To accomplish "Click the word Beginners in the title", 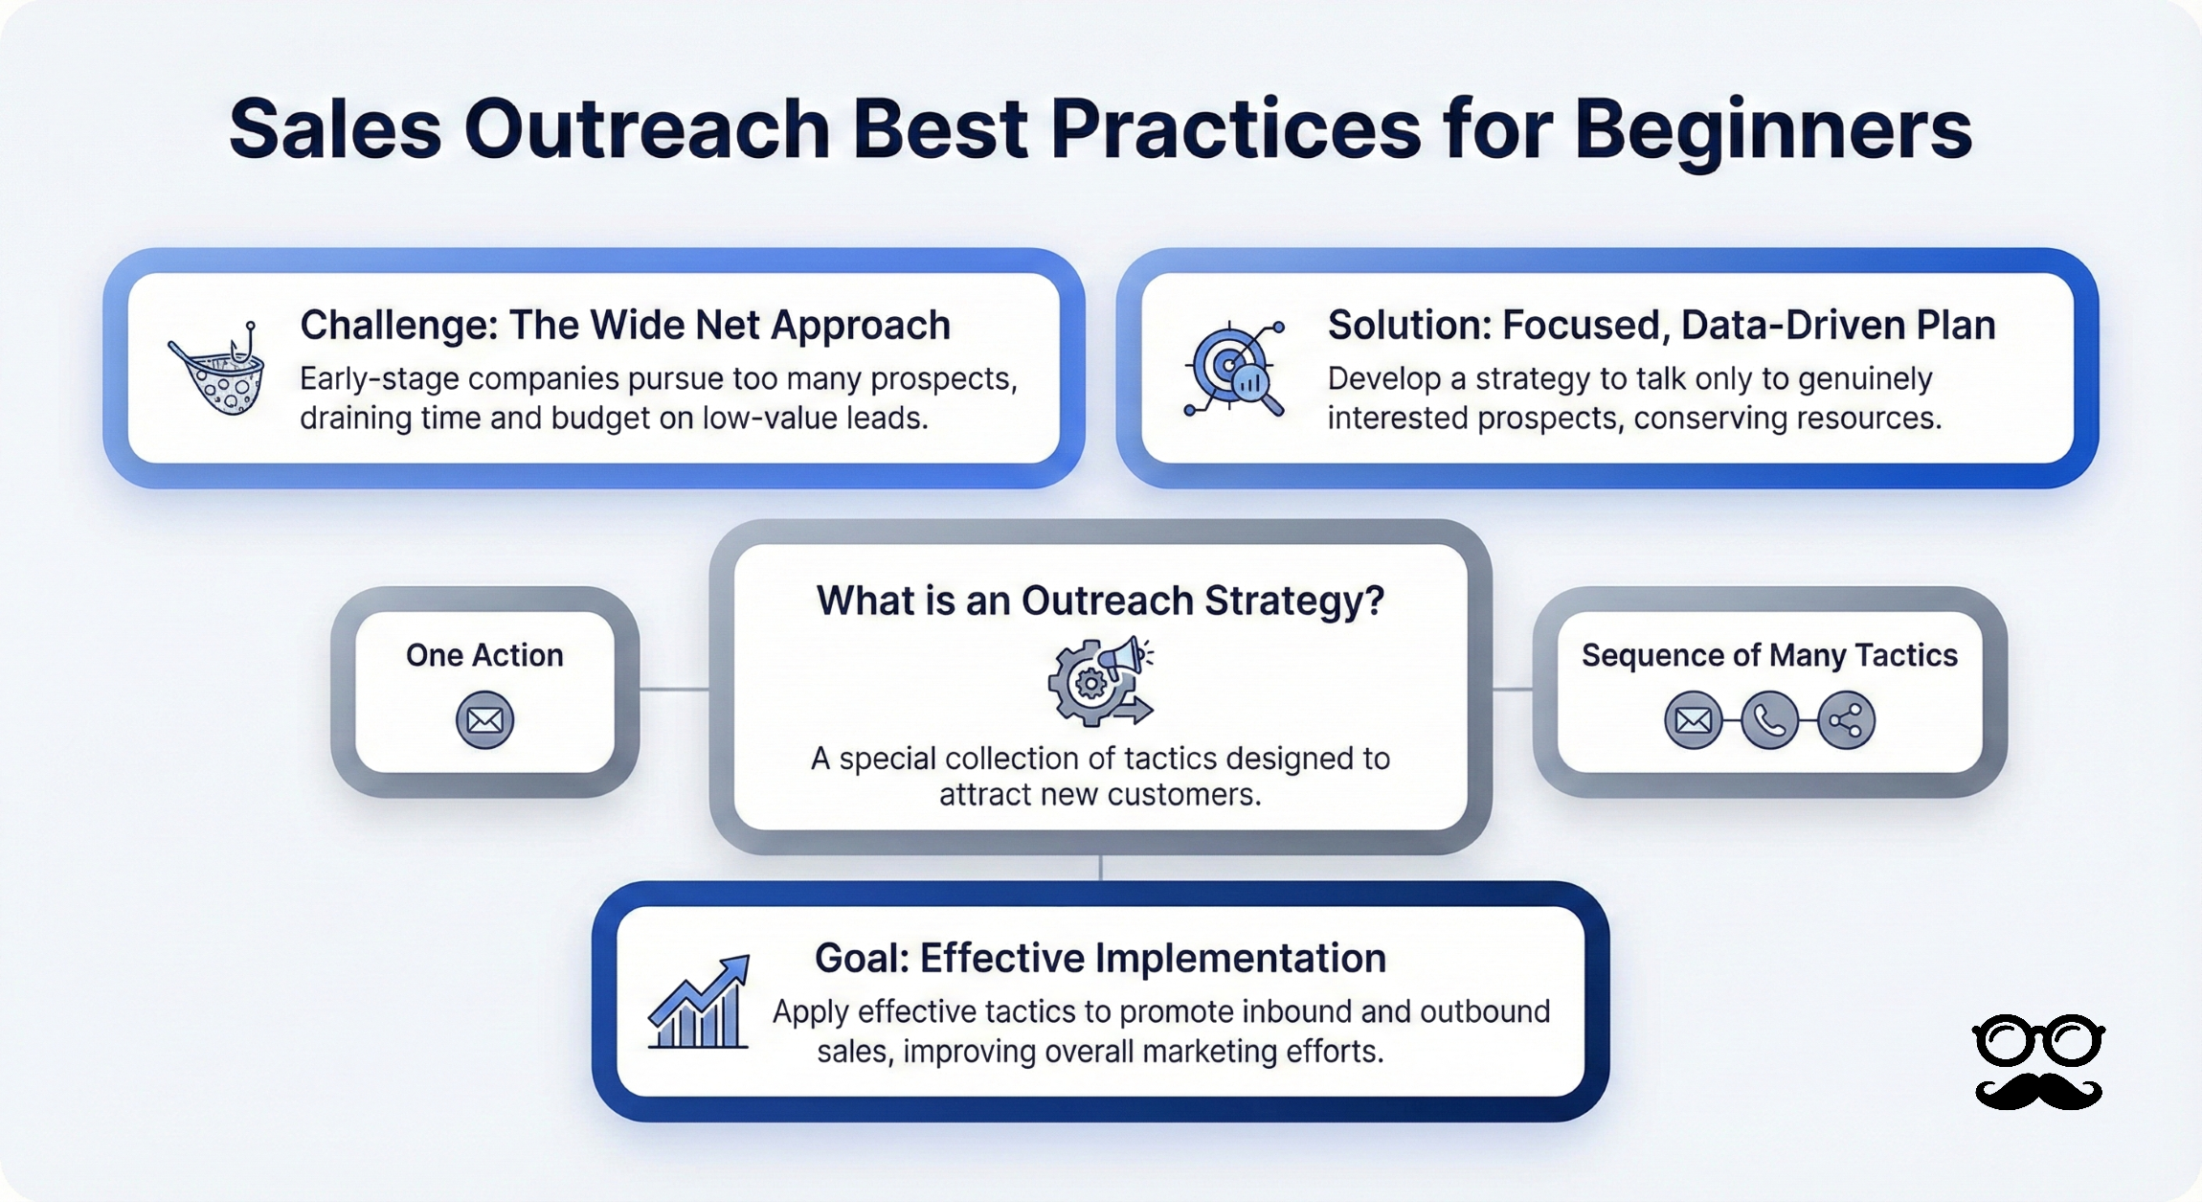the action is pyautogui.click(x=1773, y=131).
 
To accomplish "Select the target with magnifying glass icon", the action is pyautogui.click(x=1233, y=369).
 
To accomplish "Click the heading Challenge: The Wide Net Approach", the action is pyautogui.click(x=625, y=326).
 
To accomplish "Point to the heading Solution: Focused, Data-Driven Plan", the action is pyautogui.click(x=1661, y=326).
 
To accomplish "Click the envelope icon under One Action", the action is pyautogui.click(x=484, y=720).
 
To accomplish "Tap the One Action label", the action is pyautogui.click(x=484, y=655).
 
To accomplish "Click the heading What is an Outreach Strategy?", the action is pyautogui.click(x=1100, y=601).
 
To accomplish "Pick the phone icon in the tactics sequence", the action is pyautogui.click(x=1769, y=720).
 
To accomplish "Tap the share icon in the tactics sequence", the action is pyautogui.click(x=1846, y=720).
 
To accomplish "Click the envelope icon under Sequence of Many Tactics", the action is pyautogui.click(x=1693, y=720).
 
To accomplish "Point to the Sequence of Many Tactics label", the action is pyautogui.click(x=1769, y=655).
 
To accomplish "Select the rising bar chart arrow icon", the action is pyautogui.click(x=699, y=1002).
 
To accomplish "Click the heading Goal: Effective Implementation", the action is pyautogui.click(x=1100, y=959).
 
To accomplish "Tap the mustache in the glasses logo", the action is pyautogui.click(x=2039, y=1091).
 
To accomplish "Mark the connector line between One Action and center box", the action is pyautogui.click(x=674, y=689).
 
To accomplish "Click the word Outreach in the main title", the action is pyautogui.click(x=647, y=131).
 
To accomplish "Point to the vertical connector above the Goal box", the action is pyautogui.click(x=1101, y=868).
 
